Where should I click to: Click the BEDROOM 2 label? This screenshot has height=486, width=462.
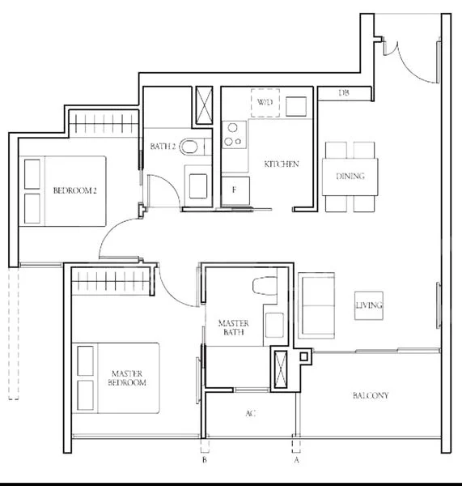(74, 191)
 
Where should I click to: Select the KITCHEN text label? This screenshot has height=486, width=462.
(282, 164)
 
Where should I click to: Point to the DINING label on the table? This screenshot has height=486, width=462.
(350, 177)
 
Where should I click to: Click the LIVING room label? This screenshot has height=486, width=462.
(368, 305)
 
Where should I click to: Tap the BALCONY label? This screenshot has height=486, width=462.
(371, 396)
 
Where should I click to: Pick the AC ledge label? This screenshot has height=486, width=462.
(251, 414)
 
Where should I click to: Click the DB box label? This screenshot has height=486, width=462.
(344, 94)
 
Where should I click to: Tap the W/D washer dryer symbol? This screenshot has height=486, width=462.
(265, 103)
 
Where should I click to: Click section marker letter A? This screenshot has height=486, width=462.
(297, 460)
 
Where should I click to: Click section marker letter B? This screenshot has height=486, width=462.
(205, 460)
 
